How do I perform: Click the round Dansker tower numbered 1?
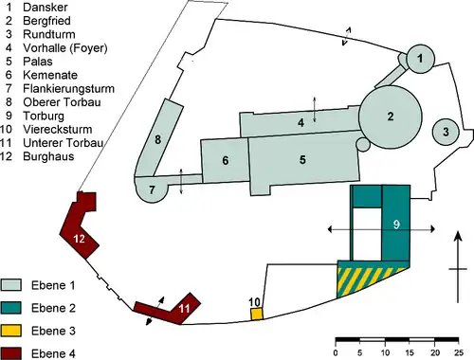pyautogui.click(x=420, y=59)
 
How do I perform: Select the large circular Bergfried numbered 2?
pyautogui.click(x=391, y=117)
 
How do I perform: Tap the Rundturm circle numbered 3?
pyautogui.click(x=446, y=132)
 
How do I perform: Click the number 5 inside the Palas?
pyautogui.click(x=302, y=160)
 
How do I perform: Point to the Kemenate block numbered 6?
pyautogui.click(x=225, y=160)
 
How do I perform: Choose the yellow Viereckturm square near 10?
pyautogui.click(x=257, y=315)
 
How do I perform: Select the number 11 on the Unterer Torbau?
pyautogui.click(x=184, y=308)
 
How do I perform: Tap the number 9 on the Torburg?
pyautogui.click(x=396, y=225)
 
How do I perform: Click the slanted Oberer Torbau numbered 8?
pyautogui.click(x=159, y=139)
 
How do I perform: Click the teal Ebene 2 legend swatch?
pyautogui.click(x=11, y=308)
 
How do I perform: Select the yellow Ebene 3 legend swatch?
pyautogui.click(x=11, y=331)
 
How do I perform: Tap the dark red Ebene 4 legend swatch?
pyautogui.click(x=11, y=353)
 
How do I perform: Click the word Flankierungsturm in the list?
pyautogui.click(x=68, y=89)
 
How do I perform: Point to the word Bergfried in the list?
pyautogui.click(x=46, y=21)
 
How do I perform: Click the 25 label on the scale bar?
pyautogui.click(x=459, y=352)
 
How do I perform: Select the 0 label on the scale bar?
pyautogui.click(x=336, y=352)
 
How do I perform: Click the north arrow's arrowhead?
pyautogui.click(x=458, y=236)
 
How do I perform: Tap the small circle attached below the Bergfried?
pyautogui.click(x=363, y=144)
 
